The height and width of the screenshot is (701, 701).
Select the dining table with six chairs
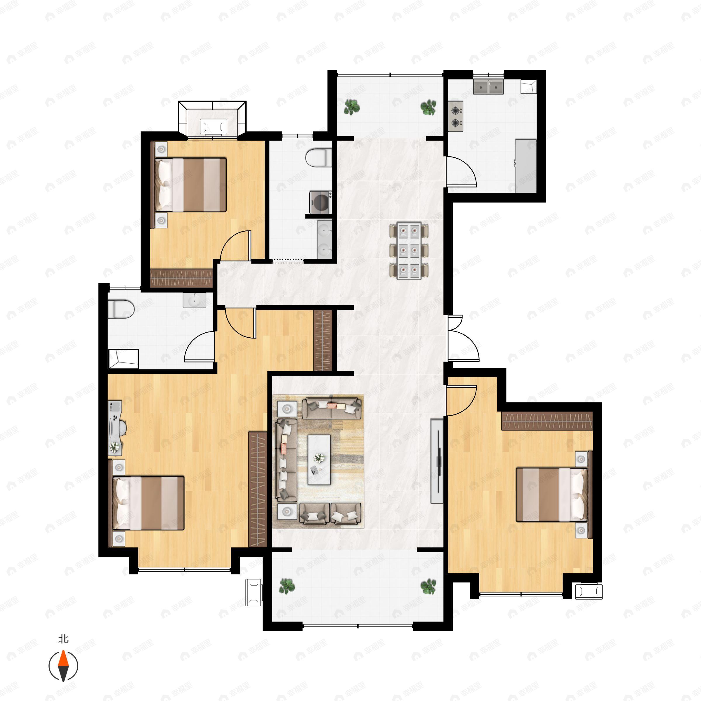409,251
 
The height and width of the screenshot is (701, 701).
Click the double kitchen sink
488,87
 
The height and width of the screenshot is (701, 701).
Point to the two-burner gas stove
456,116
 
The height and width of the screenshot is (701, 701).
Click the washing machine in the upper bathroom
321,202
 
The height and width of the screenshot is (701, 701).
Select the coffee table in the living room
319,459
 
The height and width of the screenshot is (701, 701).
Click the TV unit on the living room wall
437,461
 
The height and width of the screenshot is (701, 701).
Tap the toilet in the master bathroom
121,309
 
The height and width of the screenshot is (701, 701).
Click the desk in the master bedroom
115,428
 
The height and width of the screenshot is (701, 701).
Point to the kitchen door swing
461,171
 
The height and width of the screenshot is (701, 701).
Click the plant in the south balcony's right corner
428,586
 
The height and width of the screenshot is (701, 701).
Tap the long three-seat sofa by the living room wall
286,460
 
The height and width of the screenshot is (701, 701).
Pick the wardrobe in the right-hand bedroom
547,421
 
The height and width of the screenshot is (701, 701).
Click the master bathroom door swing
199,346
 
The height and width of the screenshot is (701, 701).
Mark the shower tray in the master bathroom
123,358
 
